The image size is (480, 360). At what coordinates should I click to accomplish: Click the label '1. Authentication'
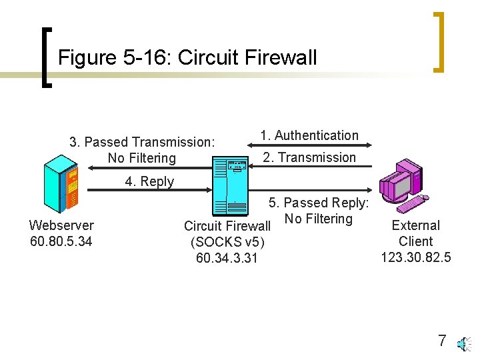[x=309, y=135]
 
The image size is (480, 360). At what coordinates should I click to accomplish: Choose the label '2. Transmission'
[x=309, y=157]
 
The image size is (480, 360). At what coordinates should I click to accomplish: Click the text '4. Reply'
[x=149, y=181]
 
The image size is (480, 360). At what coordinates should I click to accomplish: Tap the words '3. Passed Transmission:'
[x=142, y=142]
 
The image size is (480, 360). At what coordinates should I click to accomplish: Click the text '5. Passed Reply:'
[x=319, y=203]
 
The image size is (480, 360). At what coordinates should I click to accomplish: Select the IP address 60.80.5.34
[x=61, y=241]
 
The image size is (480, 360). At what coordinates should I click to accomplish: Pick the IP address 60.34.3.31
[x=227, y=257]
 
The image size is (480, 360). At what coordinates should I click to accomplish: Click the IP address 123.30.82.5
[x=416, y=257]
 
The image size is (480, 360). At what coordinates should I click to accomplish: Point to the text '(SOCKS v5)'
[x=227, y=241]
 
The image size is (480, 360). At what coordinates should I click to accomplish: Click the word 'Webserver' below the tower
[x=61, y=225]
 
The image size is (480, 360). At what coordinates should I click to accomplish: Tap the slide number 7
[x=442, y=341]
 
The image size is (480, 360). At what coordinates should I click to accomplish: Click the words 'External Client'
[x=416, y=233]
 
